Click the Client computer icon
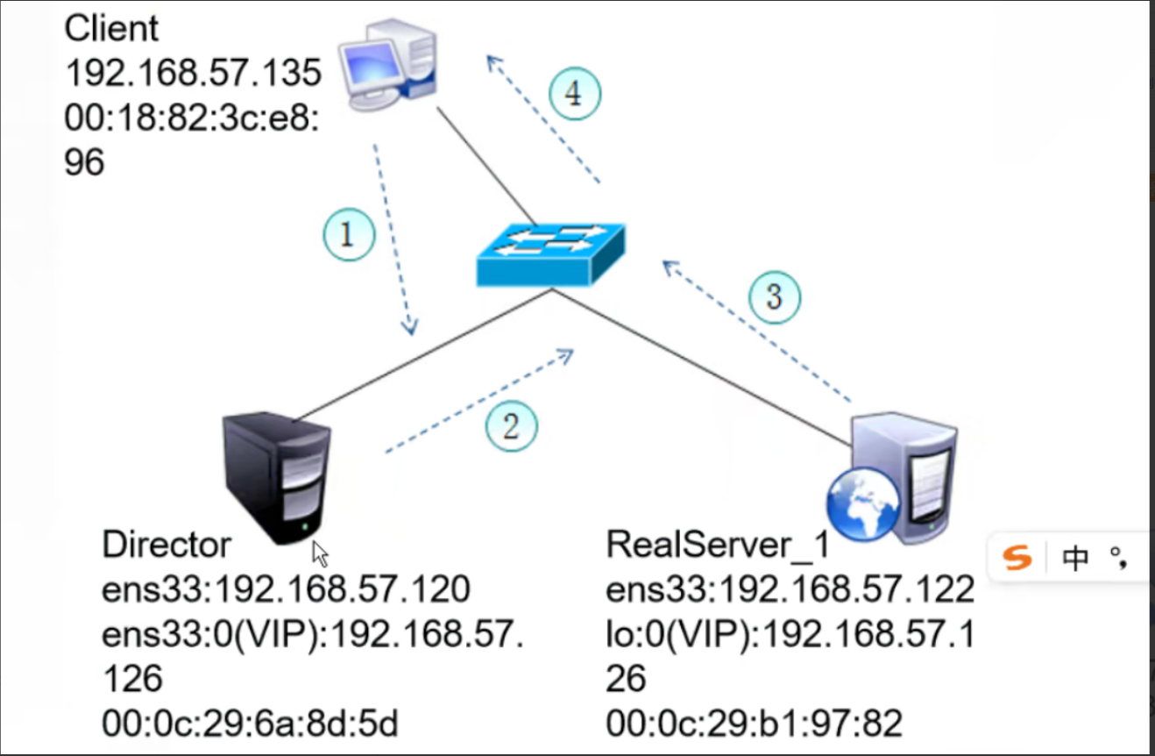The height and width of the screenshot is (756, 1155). [x=390, y=66]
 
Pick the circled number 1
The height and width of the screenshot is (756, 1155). [x=348, y=235]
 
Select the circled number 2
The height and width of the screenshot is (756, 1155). [x=512, y=426]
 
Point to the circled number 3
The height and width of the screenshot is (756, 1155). [x=775, y=296]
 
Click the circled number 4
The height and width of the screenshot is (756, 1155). [x=576, y=93]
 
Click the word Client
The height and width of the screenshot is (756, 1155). [x=112, y=29]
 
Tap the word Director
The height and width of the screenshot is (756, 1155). [x=167, y=546]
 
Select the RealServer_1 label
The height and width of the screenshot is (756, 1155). [x=717, y=546]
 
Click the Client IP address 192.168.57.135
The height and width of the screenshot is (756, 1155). [x=194, y=74]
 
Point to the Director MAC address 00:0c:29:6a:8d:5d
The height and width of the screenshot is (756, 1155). [x=250, y=724]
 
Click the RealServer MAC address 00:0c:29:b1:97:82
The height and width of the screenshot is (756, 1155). [x=754, y=724]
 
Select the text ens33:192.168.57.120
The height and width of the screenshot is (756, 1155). [x=286, y=590]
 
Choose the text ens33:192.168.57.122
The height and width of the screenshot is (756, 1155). [x=790, y=590]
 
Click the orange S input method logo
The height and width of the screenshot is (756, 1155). [x=1017, y=557]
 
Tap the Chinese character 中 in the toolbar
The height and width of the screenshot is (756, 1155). [x=1074, y=558]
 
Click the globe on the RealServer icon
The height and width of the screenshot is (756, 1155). [x=862, y=503]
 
